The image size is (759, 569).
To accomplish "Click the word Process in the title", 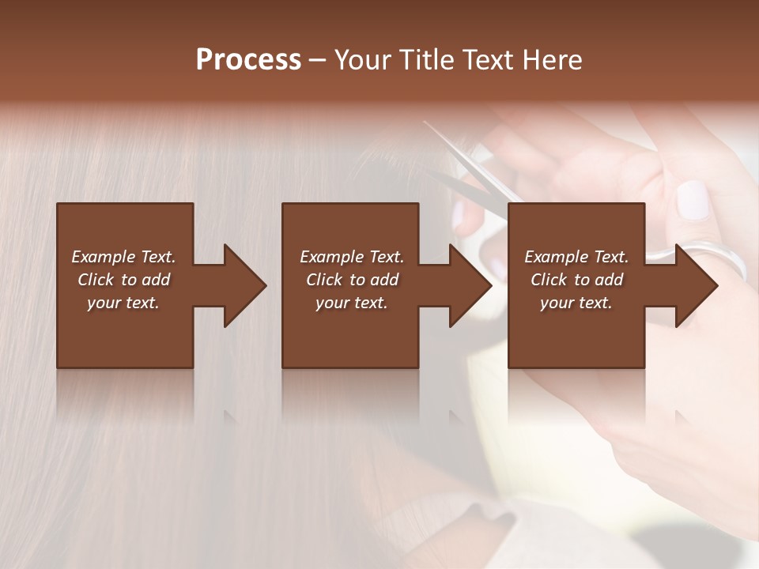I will coord(248,60).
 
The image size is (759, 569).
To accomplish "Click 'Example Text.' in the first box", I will coord(123,257).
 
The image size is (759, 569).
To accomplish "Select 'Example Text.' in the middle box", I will coord(352,257).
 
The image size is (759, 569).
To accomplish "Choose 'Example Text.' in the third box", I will coord(576,257).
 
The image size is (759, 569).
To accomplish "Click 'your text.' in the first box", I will coord(123,303).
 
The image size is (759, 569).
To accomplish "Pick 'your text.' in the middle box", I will coord(352,303).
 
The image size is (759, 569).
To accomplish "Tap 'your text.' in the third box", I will coord(576,303).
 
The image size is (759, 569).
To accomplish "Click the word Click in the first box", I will coord(96,280).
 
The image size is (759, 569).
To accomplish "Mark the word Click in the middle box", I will coord(325,280).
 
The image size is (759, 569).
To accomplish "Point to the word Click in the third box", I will coord(549,280).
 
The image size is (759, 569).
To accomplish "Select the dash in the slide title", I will coord(317,61).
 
